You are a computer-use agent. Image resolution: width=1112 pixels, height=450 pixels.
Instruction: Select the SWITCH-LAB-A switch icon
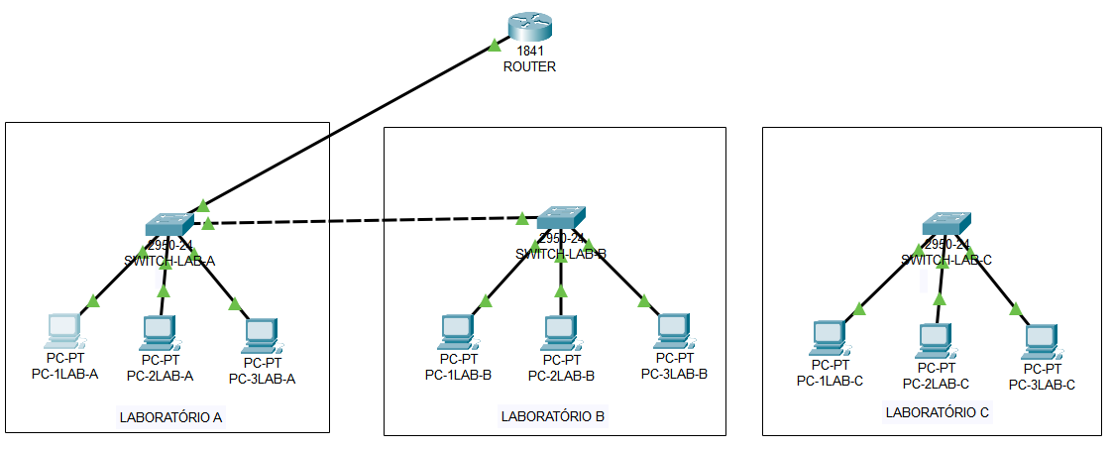click(x=170, y=224)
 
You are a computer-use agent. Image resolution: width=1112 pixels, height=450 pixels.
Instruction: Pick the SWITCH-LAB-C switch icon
click(x=945, y=223)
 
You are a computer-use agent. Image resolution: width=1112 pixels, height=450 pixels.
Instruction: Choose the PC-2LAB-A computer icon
click(x=159, y=332)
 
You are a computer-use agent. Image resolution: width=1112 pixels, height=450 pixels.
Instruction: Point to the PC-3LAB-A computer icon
click(x=261, y=336)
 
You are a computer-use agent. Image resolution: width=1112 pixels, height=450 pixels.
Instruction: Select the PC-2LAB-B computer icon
click(x=561, y=331)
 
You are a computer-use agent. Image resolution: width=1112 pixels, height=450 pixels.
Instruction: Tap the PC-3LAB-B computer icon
click(x=674, y=331)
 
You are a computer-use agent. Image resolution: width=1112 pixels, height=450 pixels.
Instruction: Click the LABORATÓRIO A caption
click(x=170, y=416)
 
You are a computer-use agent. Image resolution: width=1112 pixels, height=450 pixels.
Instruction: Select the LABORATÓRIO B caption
click(x=553, y=416)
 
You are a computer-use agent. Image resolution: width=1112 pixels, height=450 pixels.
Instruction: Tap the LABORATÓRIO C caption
click(x=937, y=411)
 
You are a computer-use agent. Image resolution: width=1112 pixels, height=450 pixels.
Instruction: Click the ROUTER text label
click(x=529, y=67)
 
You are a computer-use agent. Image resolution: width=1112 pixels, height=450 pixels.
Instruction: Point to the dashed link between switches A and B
click(x=367, y=220)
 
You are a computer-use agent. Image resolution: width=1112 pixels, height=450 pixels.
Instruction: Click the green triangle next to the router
click(x=495, y=45)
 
